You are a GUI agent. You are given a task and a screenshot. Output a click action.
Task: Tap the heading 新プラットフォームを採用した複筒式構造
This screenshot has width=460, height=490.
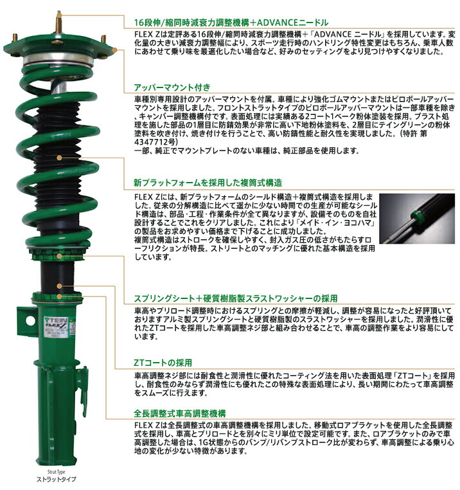pos(208,183)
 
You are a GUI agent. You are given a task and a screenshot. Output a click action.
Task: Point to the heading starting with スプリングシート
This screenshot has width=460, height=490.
pos(236,299)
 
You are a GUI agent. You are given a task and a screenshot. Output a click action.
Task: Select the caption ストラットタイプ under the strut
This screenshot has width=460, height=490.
pos(57,480)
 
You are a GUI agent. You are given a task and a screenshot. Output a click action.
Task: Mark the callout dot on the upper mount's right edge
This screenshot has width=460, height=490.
pos(114,50)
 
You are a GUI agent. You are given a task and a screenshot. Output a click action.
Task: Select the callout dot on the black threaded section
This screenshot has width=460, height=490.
pos(60,284)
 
